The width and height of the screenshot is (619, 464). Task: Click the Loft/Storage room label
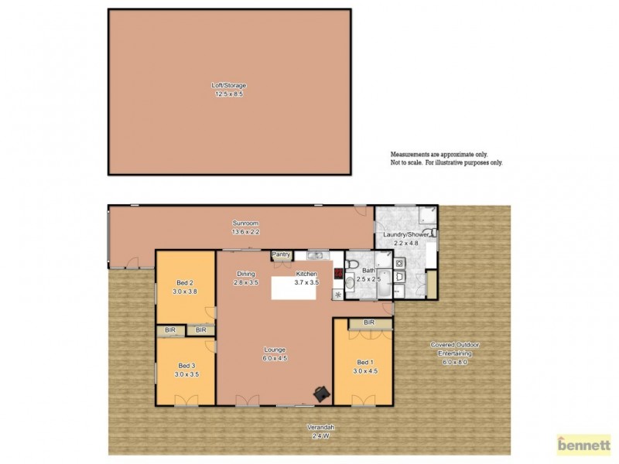(229, 85)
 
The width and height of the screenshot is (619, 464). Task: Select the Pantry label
(280, 254)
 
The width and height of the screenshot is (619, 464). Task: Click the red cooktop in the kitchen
(338, 272)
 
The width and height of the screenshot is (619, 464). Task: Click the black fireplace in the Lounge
(320, 394)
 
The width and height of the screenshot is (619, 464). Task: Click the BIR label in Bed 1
(368, 322)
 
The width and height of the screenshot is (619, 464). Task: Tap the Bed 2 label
(185, 283)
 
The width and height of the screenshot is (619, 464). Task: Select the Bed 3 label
(185, 366)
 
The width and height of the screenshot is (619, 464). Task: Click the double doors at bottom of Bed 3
(186, 401)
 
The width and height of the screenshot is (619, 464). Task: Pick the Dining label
(246, 274)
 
